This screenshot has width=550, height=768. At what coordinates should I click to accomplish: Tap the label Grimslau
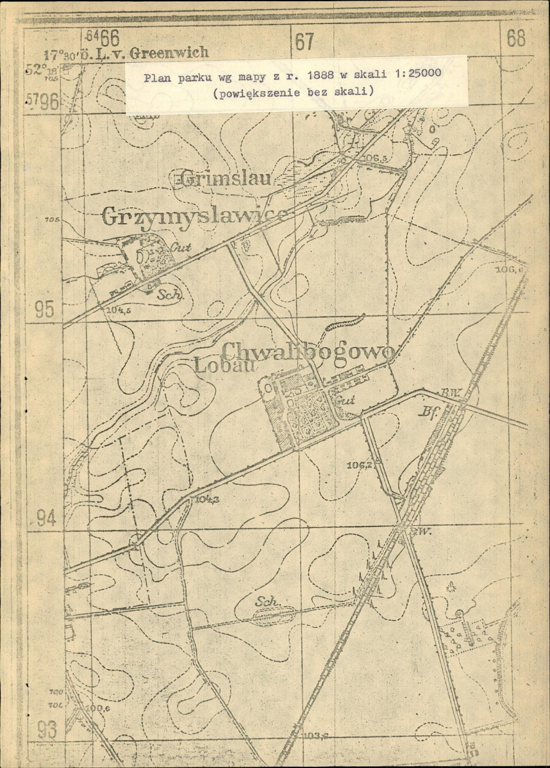click(226, 179)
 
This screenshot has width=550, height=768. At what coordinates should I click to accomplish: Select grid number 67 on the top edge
click(304, 42)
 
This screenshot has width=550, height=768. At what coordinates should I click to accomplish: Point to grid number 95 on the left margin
click(44, 309)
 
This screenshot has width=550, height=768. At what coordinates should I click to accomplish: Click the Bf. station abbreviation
click(428, 413)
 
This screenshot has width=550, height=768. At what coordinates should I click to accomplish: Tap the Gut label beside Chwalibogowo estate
click(345, 401)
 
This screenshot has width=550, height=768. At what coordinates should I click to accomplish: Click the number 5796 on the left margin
click(43, 101)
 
